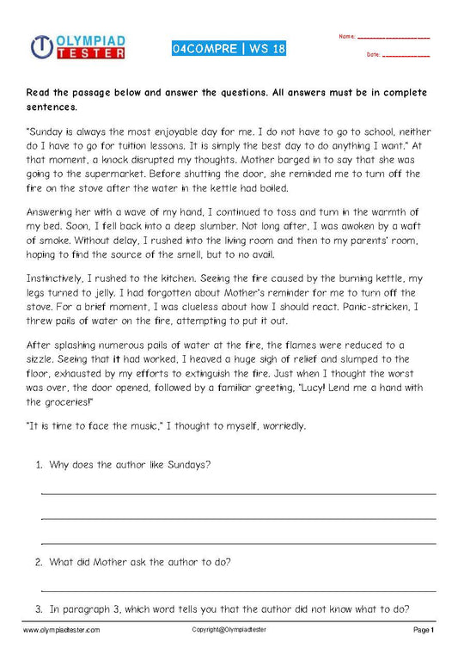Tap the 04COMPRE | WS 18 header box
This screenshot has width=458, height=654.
(228, 48)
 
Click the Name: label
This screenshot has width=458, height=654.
(346, 37)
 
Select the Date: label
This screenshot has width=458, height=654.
(373, 54)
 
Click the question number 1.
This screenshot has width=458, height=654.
(39, 465)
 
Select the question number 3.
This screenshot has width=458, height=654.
(39, 609)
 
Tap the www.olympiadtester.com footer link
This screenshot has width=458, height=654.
(61, 630)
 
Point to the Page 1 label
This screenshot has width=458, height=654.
(424, 630)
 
